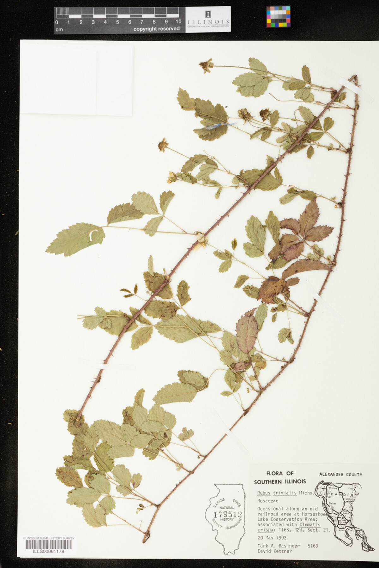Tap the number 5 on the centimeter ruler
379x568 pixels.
[117, 22]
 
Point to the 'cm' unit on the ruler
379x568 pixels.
[59, 30]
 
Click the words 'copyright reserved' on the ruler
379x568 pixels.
[156, 29]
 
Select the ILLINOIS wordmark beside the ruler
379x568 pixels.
[208, 21]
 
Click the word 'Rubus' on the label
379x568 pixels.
[264, 493]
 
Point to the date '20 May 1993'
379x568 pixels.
[272, 538]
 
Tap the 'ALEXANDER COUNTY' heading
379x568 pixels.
[340, 474]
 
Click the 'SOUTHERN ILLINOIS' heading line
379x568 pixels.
[280, 481]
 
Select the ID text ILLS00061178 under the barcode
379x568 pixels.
[49, 551]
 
